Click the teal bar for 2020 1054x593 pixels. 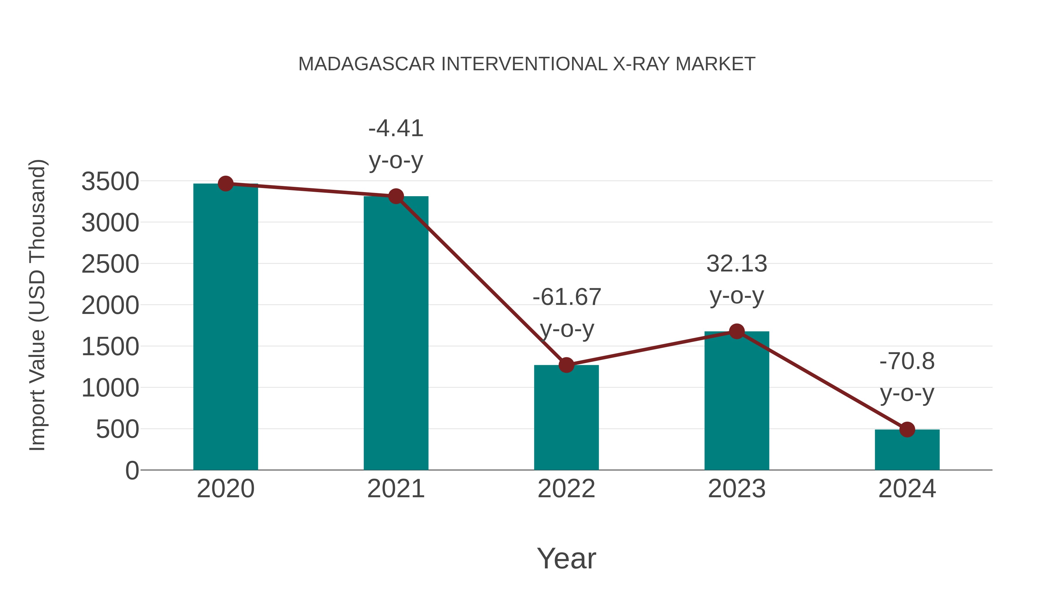click(225, 327)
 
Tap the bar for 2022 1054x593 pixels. click(566, 417)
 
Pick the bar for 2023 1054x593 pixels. click(737, 401)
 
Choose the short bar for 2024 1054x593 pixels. click(907, 450)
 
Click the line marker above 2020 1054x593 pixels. click(225, 184)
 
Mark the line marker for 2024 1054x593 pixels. click(907, 430)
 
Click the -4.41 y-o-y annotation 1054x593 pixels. click(396, 144)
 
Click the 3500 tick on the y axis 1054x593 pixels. click(110, 182)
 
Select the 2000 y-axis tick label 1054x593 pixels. click(110, 305)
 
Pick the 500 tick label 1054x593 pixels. click(117, 429)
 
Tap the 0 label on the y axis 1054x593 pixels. click(132, 471)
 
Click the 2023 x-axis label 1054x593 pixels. click(737, 489)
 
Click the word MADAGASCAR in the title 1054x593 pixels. click(367, 64)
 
